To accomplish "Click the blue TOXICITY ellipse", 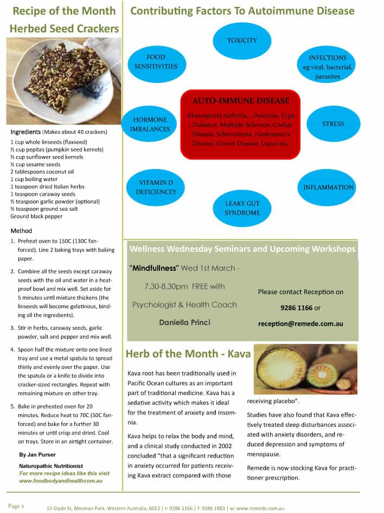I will tap(242, 41).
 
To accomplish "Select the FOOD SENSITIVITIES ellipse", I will tap(156, 62).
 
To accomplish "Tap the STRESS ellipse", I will tap(333, 124).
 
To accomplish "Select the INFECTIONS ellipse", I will tap(328, 67).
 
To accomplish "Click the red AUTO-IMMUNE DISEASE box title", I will tap(240, 101).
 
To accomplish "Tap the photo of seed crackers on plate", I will tap(64, 81).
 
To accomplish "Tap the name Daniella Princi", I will tap(184, 322).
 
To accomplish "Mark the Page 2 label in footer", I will tap(16, 506).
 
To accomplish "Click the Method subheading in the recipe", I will tap(21, 231).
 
